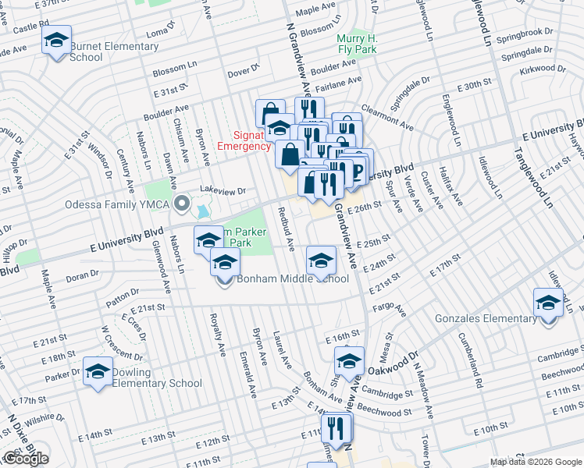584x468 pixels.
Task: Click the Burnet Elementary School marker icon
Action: click(56, 40)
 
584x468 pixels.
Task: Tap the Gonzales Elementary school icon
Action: click(548, 303)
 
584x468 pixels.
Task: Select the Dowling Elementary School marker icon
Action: click(98, 371)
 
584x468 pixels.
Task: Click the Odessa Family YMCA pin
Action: click(182, 204)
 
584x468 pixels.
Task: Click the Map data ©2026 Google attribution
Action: click(536, 462)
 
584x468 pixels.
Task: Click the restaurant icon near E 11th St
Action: click(337, 428)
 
